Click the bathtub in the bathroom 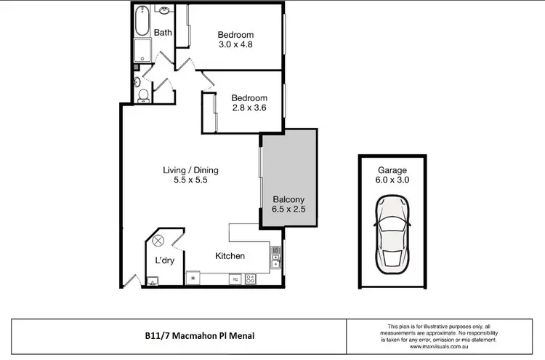pos(141,23)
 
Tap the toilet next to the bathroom pos(143,95)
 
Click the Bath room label pos(163,32)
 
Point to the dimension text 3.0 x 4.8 pos(235,45)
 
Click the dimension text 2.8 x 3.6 pos(249,108)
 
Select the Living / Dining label pos(190,171)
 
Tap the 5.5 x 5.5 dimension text pos(190,181)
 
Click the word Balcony pos(288,199)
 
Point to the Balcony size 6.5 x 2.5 pos(288,209)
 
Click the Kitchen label pos(230,256)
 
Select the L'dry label pos(163,260)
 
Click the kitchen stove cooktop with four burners pos(250,278)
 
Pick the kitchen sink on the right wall pos(275,256)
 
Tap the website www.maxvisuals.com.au pos(442,347)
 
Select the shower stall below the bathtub pos(141,52)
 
